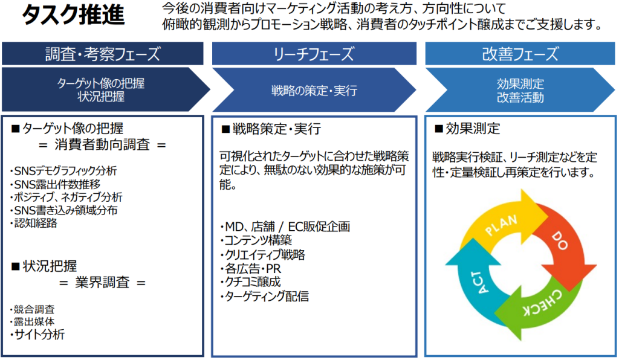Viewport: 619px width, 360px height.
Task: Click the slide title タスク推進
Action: pos(73,15)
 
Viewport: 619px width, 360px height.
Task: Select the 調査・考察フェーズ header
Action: pos(103,54)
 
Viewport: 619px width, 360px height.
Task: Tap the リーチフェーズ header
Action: pos(314,54)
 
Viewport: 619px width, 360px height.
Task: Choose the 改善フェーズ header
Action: pos(520,54)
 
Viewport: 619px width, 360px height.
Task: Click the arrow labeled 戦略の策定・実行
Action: pos(314,90)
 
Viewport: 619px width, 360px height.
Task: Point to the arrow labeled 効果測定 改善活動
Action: pos(520,90)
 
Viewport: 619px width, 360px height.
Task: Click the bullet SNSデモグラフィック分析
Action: pos(63,171)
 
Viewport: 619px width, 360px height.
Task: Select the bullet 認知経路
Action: pos(34,223)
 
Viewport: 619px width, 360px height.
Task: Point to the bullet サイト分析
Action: pos(37,335)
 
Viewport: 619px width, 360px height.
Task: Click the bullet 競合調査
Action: pos(33,309)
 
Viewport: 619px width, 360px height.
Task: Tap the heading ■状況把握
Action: pos(44,266)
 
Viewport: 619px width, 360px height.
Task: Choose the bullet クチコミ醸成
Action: pos(250,282)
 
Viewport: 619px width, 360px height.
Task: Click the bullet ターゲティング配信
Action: pos(265,296)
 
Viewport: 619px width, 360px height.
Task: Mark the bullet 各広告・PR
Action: pos(250,269)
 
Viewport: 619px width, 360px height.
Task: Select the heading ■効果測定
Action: pos(467,129)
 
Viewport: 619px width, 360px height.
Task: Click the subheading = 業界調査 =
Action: pos(102,282)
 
